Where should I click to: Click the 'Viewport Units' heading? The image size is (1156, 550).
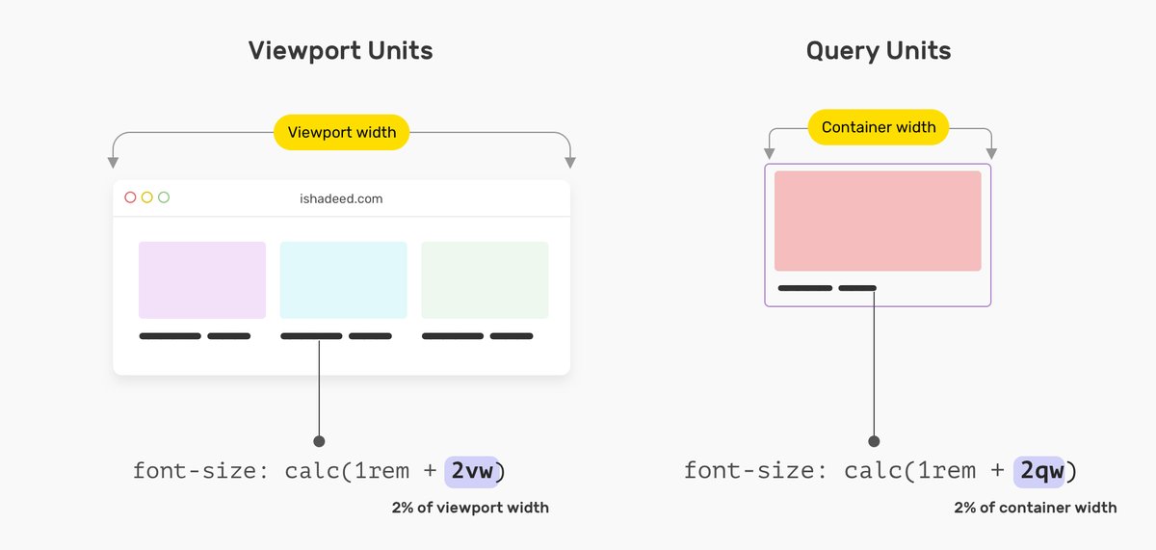tap(341, 51)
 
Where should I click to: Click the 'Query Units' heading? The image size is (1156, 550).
tap(878, 51)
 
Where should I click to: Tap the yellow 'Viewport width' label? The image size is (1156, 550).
tap(342, 132)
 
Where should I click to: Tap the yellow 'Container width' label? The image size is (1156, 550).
tap(878, 127)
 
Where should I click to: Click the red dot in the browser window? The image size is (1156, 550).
tap(130, 197)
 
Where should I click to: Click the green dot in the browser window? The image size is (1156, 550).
tap(164, 197)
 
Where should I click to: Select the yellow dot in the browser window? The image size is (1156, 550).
tap(146, 197)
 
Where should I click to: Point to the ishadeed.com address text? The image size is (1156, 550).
tap(341, 198)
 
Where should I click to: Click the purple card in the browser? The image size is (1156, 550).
tap(202, 279)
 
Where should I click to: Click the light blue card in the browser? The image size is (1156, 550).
tap(343, 279)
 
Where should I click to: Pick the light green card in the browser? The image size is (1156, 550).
tap(485, 279)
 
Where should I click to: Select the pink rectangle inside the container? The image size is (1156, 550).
tap(878, 221)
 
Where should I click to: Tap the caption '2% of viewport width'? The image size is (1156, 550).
tap(470, 508)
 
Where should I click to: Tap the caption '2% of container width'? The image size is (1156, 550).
tap(1036, 508)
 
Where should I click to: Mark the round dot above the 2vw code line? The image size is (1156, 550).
tap(319, 441)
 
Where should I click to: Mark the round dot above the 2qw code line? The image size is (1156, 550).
tap(874, 441)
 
